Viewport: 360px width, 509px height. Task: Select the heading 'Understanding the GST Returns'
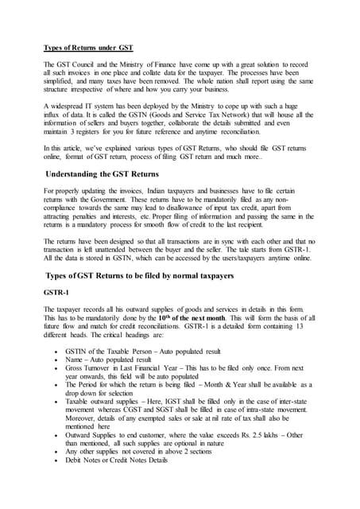pyautogui.click(x=110, y=172)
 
